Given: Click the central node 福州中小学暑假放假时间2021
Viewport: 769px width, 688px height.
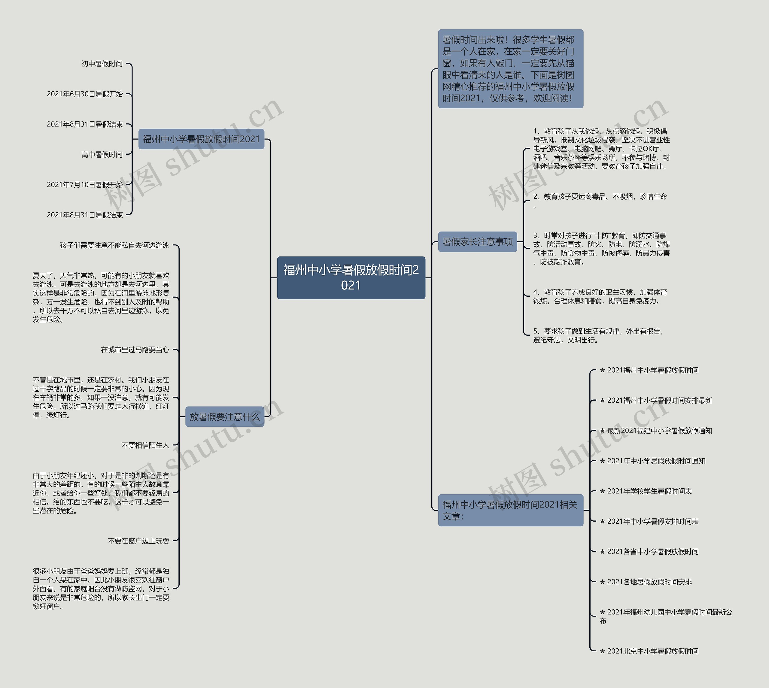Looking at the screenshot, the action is (351, 278).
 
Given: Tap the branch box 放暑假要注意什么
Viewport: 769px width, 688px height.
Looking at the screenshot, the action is (225, 417).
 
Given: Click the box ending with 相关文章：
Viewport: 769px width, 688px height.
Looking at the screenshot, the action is (510, 510).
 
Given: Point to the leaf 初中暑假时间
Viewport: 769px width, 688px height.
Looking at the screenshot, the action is (102, 64).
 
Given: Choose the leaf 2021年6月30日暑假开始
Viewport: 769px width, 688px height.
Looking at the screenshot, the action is (85, 94).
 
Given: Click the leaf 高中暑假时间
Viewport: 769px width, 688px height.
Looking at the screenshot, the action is (102, 155).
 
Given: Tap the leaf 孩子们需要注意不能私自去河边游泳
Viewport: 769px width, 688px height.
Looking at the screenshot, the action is (114, 245).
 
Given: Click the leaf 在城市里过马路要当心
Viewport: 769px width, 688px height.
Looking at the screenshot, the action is (135, 350).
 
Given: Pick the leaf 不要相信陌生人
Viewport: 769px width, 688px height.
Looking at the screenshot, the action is (145, 445).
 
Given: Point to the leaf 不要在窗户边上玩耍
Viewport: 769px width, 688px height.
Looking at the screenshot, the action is (138, 541).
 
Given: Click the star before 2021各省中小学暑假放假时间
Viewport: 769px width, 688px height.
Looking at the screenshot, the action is (602, 552).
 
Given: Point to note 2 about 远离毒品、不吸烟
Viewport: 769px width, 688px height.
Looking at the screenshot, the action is (600, 197).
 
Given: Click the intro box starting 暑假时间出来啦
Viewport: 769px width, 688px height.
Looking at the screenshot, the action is (510, 69).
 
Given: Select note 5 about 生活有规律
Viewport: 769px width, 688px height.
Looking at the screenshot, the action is (598, 335).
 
